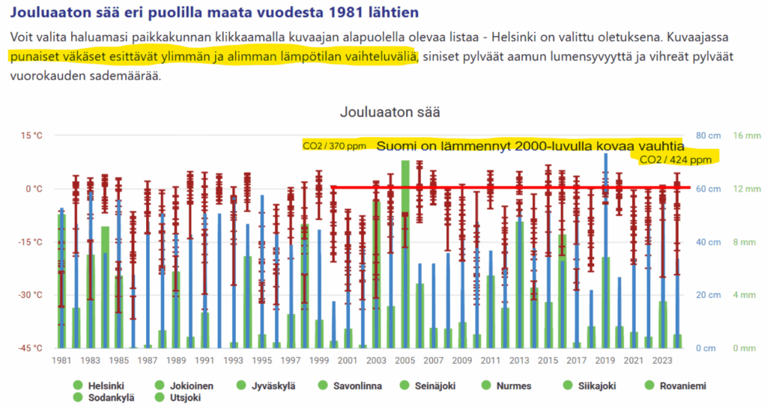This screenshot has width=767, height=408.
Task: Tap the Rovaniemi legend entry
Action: [680, 386]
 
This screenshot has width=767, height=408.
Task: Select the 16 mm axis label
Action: [746, 136]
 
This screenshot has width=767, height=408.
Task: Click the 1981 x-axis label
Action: [61, 359]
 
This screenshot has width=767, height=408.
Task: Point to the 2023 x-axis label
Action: [664, 359]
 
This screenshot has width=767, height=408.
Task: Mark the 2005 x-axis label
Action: [405, 359]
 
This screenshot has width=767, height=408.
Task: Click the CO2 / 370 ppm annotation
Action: [334, 145]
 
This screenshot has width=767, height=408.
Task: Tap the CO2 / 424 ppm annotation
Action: [676, 159]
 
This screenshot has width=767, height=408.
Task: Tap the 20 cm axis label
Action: [707, 295]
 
